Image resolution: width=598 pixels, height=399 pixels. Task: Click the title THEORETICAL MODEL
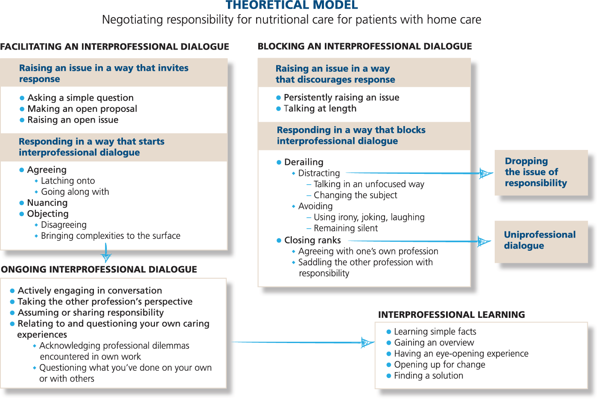(292, 5)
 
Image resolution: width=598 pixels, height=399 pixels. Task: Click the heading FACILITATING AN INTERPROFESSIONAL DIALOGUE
(114, 47)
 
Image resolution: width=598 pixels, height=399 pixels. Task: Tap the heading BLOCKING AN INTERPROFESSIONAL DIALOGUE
(365, 46)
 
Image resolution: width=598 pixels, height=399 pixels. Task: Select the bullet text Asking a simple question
(80, 98)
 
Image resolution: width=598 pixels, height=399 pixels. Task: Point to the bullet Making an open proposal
(82, 109)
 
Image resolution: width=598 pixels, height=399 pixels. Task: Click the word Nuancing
(47, 202)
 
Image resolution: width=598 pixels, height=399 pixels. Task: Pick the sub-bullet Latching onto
(67, 181)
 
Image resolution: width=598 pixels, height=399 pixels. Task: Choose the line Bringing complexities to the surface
(110, 236)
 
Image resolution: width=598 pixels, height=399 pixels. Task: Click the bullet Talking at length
(320, 109)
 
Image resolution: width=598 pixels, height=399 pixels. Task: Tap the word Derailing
(303, 162)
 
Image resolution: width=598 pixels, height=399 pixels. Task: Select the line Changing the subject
(355, 195)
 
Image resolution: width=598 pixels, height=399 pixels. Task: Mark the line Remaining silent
(345, 228)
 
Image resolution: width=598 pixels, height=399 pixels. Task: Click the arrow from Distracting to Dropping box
(414, 173)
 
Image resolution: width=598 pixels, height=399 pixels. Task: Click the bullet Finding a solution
(428, 376)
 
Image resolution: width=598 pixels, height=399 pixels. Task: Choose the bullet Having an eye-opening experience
(461, 354)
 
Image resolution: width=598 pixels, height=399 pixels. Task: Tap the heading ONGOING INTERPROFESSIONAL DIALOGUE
(99, 270)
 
